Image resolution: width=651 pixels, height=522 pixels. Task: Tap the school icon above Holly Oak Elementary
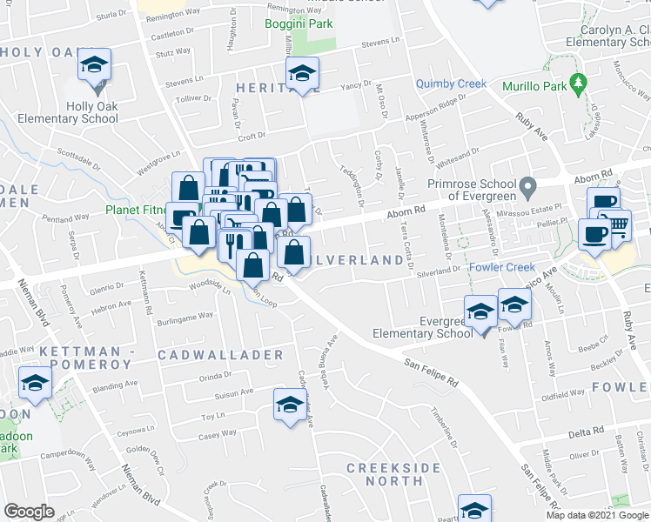[x=94, y=65]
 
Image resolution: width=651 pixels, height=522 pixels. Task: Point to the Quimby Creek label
[x=451, y=84]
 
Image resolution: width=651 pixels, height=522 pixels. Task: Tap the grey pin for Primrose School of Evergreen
[x=527, y=187]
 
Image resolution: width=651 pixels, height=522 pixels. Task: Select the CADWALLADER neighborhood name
[x=221, y=355]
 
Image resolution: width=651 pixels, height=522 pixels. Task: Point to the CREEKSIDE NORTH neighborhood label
[x=393, y=474]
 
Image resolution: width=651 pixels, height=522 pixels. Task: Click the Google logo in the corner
[x=29, y=512]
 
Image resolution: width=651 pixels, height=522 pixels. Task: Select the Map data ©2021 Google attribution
[x=597, y=515]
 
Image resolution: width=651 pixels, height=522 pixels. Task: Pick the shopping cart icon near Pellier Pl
[x=618, y=224]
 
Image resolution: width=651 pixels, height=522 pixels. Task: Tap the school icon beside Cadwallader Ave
[x=291, y=404]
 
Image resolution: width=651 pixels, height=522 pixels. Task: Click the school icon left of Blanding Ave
[x=36, y=383]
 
